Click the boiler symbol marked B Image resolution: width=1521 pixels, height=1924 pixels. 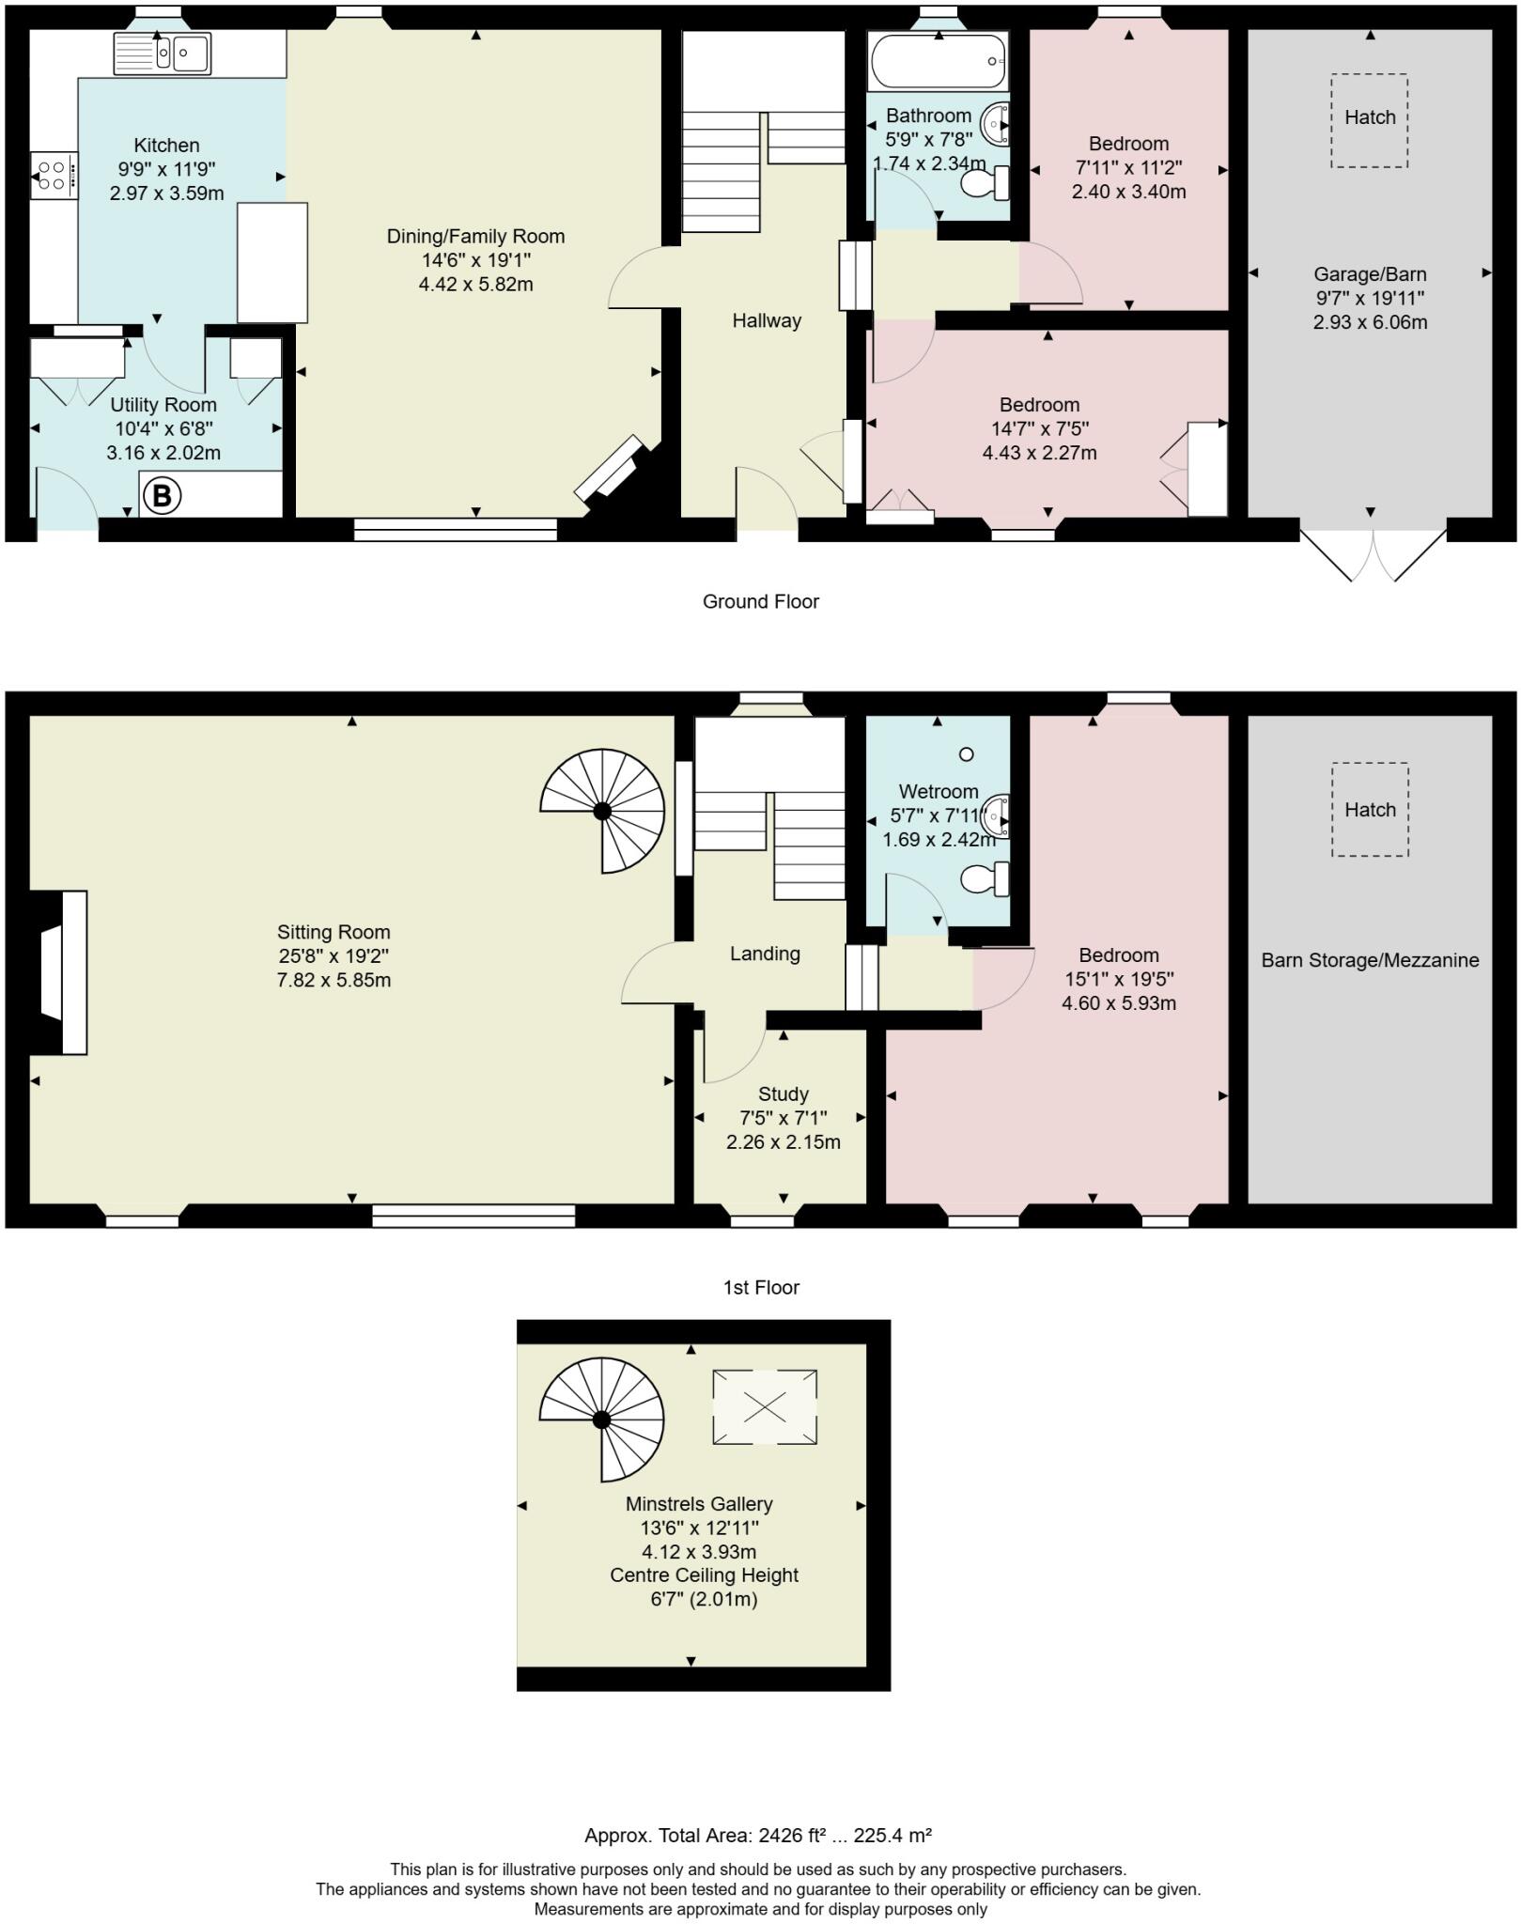(x=162, y=495)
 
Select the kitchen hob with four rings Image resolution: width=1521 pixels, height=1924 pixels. (x=54, y=176)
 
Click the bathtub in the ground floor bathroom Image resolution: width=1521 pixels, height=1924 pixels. (x=938, y=61)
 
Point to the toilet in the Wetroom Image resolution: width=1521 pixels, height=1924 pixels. (x=985, y=878)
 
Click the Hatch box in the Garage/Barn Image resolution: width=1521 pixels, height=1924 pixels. (x=1369, y=120)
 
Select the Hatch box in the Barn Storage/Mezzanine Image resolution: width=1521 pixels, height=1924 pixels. (x=1369, y=809)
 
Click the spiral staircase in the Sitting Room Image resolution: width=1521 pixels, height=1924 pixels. (x=603, y=811)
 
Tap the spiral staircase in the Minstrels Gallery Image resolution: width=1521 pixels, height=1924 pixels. (x=602, y=1419)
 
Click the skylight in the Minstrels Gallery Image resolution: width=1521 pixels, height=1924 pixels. (x=764, y=1406)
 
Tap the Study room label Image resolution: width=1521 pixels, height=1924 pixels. (x=783, y=1094)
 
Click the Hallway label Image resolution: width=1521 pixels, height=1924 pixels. (x=767, y=320)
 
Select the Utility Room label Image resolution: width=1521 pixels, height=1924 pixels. (x=163, y=405)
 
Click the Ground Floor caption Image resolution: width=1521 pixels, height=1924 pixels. (x=760, y=601)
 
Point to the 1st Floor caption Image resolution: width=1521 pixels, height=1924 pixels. (x=760, y=1287)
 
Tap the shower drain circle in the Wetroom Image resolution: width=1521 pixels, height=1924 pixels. (x=966, y=753)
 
